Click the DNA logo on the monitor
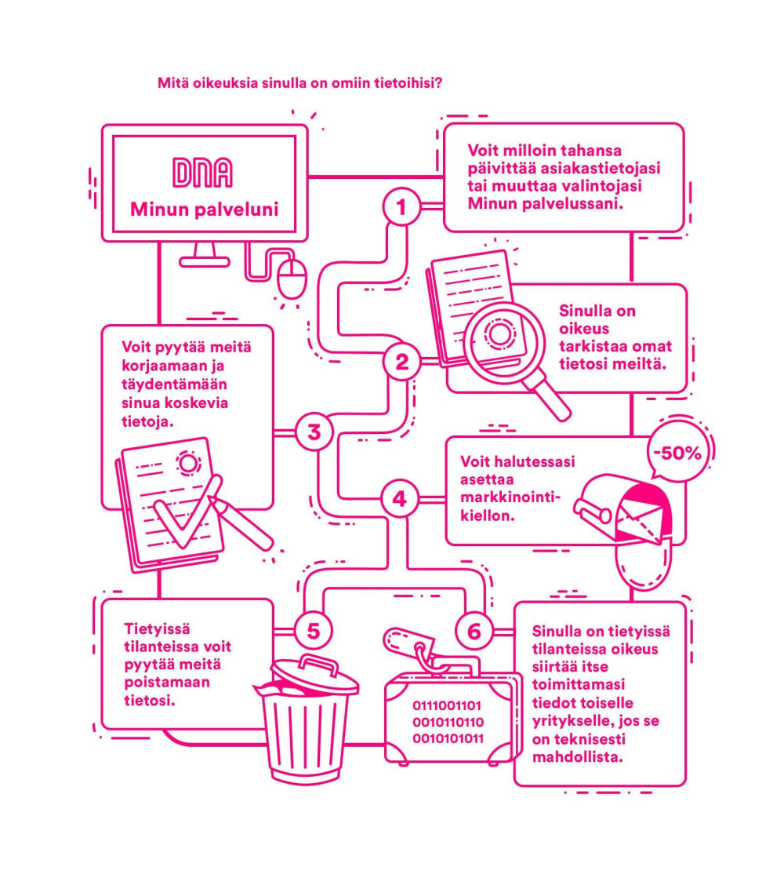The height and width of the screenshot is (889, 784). pos(202,174)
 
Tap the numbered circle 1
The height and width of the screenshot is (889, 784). pos(401,208)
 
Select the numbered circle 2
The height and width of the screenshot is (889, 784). pos(401,363)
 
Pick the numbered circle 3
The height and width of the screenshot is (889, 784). pos(314,432)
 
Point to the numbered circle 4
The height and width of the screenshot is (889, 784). pos(400,498)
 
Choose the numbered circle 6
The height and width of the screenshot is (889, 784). pos(474,630)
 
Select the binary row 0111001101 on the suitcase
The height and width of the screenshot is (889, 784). pos(448,705)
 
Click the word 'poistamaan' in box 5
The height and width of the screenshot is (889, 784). pos(167,682)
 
